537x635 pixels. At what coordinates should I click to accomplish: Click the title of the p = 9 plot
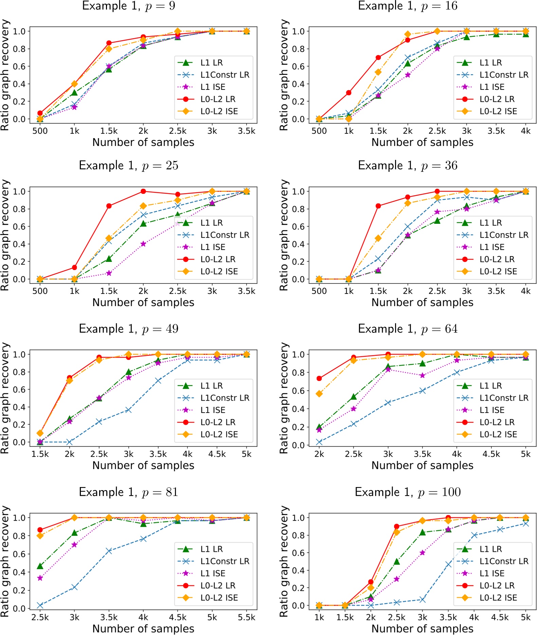(x=129, y=6)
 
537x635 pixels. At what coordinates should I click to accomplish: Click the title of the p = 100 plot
(x=408, y=492)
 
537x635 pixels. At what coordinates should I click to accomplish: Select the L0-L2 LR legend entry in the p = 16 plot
(x=497, y=99)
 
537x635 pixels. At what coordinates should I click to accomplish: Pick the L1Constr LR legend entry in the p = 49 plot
(x=225, y=398)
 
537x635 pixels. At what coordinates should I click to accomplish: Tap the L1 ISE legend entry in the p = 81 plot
(x=213, y=573)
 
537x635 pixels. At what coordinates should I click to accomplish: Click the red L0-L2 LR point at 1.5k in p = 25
(x=109, y=206)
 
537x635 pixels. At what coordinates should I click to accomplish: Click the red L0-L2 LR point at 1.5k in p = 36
(x=378, y=206)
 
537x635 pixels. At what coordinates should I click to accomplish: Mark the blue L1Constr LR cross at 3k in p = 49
(x=128, y=410)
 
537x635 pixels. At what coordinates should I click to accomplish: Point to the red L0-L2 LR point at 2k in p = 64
(x=319, y=378)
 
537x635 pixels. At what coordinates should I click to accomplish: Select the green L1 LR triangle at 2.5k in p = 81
(x=40, y=566)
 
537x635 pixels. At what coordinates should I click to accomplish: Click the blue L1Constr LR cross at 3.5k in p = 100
(x=448, y=564)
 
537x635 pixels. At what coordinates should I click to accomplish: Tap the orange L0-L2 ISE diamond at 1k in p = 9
(x=74, y=84)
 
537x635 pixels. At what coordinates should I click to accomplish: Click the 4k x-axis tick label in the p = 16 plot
(x=525, y=131)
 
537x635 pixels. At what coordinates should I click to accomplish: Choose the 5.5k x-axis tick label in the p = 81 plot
(x=246, y=617)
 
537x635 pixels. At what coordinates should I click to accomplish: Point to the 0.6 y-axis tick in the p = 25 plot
(x=19, y=227)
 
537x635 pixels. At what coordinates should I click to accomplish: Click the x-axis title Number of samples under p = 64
(x=422, y=465)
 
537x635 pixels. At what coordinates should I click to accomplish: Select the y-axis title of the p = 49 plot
(x=5, y=398)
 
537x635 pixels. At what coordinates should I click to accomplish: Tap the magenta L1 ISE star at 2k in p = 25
(x=143, y=244)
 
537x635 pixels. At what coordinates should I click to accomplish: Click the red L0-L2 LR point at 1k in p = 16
(x=348, y=93)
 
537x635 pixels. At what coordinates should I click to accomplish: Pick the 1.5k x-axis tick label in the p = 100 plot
(x=345, y=617)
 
